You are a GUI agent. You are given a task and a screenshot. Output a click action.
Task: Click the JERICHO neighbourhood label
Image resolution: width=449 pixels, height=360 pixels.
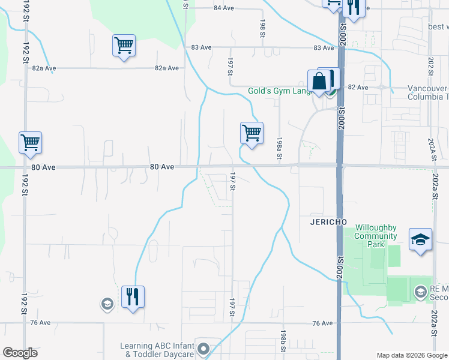click(x=329, y=221)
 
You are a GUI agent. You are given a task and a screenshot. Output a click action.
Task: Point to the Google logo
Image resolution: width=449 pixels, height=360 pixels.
click(x=20, y=353)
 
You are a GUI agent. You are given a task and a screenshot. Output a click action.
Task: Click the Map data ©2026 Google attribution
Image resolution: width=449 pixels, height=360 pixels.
click(x=412, y=355)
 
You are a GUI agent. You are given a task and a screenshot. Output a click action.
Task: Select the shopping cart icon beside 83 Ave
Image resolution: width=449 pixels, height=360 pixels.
click(x=124, y=45)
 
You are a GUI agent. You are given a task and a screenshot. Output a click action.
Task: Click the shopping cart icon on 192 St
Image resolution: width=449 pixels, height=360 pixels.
click(x=30, y=142)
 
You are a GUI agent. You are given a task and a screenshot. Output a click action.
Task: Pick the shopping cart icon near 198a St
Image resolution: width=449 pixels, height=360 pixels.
click(x=252, y=133)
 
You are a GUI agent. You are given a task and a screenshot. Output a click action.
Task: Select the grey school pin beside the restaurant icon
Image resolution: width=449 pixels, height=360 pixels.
click(x=107, y=304)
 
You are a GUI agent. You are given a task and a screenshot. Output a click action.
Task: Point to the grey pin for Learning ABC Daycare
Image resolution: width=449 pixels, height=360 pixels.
click(x=204, y=349)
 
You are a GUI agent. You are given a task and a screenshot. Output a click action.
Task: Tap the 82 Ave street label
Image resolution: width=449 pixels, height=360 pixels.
click(x=358, y=88)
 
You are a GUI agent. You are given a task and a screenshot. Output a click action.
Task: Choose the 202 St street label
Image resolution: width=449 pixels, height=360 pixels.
click(x=430, y=65)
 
